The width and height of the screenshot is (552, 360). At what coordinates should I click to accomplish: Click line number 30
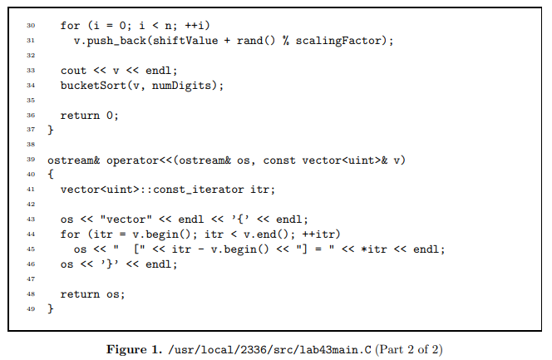pos(31,25)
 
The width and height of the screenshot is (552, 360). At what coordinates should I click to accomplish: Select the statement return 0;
pos(90,115)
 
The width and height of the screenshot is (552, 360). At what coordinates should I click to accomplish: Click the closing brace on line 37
pos(50,130)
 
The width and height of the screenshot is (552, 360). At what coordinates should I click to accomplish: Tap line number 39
pos(31,159)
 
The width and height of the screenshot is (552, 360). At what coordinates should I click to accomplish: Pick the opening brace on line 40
pos(50,174)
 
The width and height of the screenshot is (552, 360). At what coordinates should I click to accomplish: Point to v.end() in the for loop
pos(278,234)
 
